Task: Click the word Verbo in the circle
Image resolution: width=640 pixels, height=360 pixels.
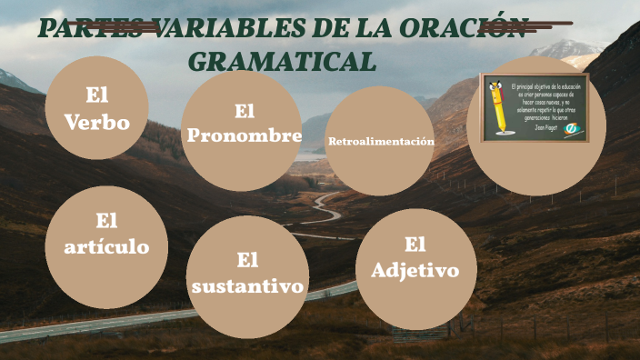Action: pyautogui.click(x=96, y=123)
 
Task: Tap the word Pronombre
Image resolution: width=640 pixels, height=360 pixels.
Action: pyautogui.click(x=243, y=136)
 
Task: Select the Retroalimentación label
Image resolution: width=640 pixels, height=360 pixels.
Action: pyautogui.click(x=380, y=142)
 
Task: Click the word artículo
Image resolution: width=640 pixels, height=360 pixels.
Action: pyautogui.click(x=106, y=247)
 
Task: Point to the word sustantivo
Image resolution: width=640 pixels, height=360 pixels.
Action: pyautogui.click(x=246, y=286)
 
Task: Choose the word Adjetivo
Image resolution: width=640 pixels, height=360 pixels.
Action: pyautogui.click(x=415, y=270)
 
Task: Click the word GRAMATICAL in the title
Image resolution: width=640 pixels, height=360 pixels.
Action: pyautogui.click(x=282, y=61)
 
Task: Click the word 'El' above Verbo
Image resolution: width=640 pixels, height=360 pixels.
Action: pyautogui.click(x=96, y=94)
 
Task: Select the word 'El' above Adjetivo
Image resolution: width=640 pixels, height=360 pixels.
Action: pyautogui.click(x=415, y=243)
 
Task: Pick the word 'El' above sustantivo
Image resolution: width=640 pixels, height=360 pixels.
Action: pyautogui.click(x=247, y=260)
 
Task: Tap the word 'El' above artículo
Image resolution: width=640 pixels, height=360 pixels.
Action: pyautogui.click(x=106, y=220)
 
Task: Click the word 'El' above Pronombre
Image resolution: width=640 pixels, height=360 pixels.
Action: pyautogui.click(x=243, y=110)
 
